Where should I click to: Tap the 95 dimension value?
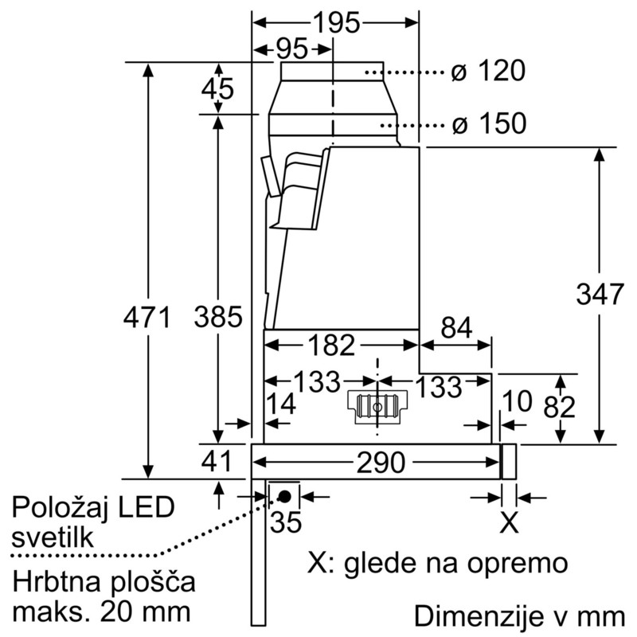pyautogui.click(x=292, y=49)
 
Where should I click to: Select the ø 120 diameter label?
pyautogui.click(x=488, y=72)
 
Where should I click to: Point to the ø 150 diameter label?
pyautogui.click(x=488, y=123)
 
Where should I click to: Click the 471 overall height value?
pyautogui.click(x=147, y=318)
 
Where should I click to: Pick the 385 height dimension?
pyautogui.click(x=217, y=318)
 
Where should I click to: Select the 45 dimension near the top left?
pyautogui.click(x=217, y=88)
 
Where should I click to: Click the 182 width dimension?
pyautogui.click(x=331, y=346)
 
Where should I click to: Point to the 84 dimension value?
pyautogui.click(x=455, y=328)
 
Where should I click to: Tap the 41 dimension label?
pyautogui.click(x=215, y=461)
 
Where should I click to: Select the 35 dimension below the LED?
pyautogui.click(x=284, y=524)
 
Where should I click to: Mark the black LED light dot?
pyautogui.click(x=283, y=496)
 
